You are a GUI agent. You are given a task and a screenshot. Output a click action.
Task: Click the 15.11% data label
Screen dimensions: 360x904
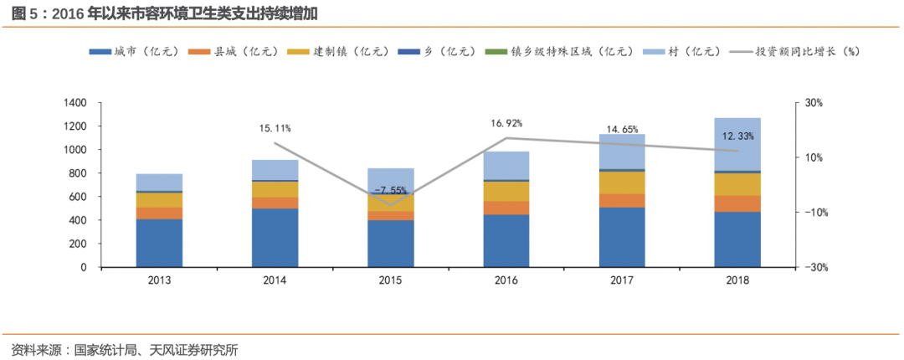[x=275, y=128]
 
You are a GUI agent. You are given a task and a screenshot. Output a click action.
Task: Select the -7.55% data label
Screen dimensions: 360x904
[x=391, y=189]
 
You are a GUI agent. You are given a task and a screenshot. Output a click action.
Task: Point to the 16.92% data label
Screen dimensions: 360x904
[x=506, y=123]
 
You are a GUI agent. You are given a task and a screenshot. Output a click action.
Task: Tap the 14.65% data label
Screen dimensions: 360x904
[x=622, y=130]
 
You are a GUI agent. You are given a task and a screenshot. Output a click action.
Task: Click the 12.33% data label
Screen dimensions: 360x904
[x=737, y=136]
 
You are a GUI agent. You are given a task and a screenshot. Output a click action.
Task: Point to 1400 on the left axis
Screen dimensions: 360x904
[x=75, y=103]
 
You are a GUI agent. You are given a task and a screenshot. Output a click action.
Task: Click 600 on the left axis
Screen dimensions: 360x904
[x=79, y=197]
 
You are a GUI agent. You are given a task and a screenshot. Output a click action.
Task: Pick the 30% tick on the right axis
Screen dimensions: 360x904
[x=814, y=103]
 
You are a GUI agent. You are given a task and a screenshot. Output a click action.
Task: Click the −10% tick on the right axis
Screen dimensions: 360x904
[x=811, y=213]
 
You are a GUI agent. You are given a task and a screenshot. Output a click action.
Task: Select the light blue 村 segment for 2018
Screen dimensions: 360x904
[x=737, y=144]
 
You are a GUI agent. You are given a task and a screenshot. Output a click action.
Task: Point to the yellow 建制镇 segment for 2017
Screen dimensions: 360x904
[x=622, y=183]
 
